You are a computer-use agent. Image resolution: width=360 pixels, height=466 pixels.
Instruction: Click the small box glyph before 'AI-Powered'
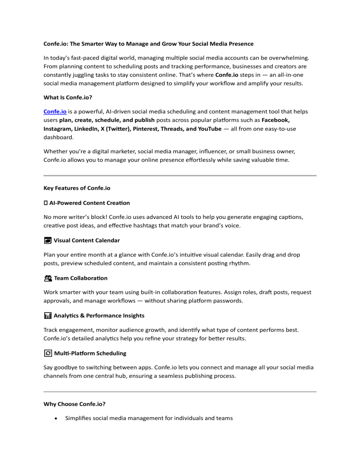point(45,203)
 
